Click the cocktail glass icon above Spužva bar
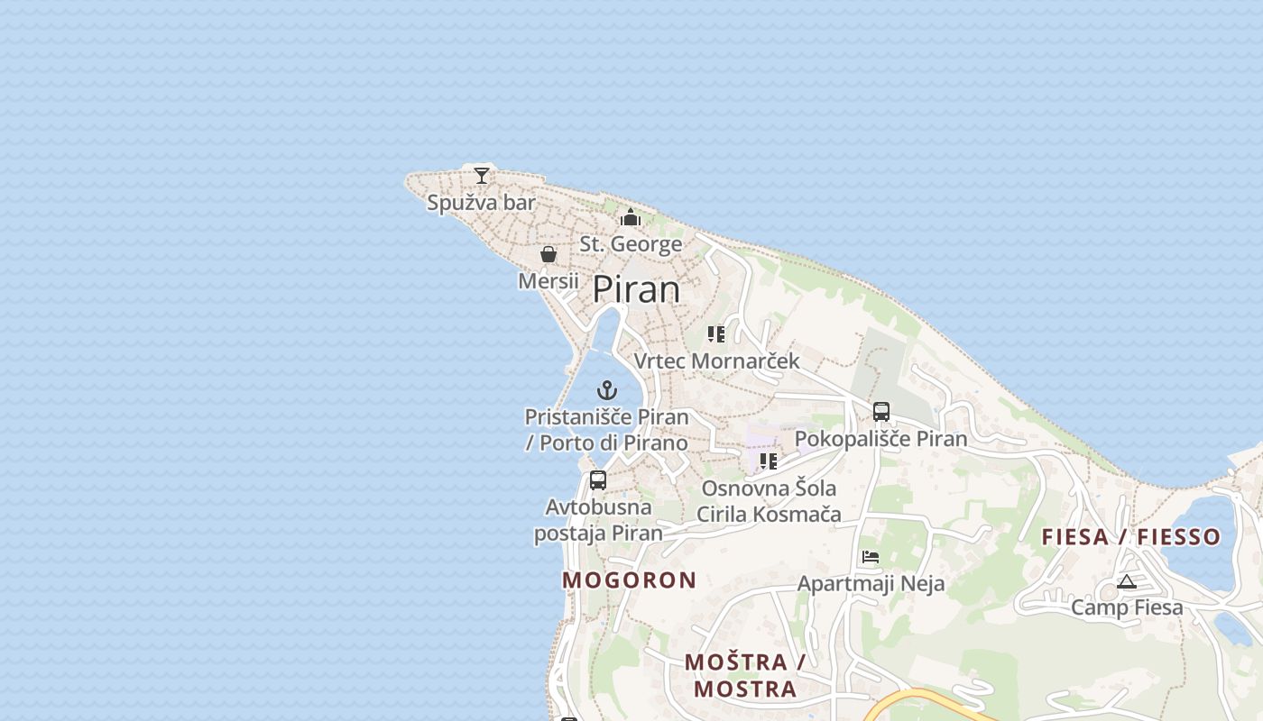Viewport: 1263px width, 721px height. (482, 175)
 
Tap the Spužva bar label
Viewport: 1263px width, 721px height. (481, 203)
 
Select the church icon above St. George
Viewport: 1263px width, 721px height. (631, 217)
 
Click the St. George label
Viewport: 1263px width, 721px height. (631, 244)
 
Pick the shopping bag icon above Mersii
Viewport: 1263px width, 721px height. (549, 254)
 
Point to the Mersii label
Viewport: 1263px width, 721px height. (549, 281)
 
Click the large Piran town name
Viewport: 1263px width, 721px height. (636, 289)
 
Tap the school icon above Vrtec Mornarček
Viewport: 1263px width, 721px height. (716, 334)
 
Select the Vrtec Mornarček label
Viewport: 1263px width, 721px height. (716, 361)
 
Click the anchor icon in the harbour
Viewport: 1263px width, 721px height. (607, 390)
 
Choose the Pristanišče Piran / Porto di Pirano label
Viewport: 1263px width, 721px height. (607, 430)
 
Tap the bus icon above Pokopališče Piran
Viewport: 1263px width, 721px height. (881, 412)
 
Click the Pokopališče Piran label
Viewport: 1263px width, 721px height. (880, 439)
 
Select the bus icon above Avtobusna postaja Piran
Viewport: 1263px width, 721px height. (598, 479)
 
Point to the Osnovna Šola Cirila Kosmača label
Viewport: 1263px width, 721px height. (769, 501)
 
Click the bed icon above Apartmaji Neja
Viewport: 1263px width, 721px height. (871, 556)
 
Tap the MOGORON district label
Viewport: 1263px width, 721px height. (630, 580)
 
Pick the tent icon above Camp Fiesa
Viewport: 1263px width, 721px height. (1126, 581)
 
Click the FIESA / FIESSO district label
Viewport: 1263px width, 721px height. (1131, 537)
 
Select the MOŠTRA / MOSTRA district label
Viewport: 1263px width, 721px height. (744, 676)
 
